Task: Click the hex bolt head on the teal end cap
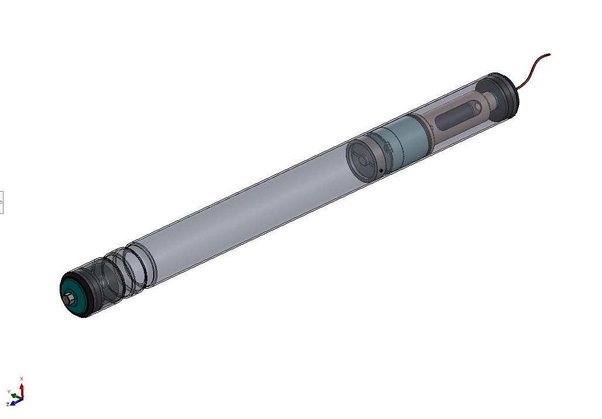[68, 299]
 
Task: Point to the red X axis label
[22, 379]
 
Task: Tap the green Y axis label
[9, 392]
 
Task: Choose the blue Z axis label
[8, 404]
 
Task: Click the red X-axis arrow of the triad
[22, 390]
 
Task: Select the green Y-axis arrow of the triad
[16, 396]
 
